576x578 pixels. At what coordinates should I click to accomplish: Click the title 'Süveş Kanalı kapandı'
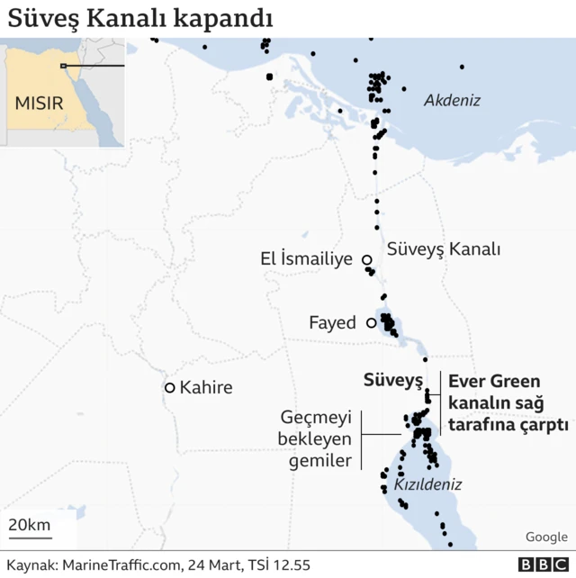pyautogui.click(x=141, y=18)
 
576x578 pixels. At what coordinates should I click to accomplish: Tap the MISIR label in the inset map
pyautogui.click(x=39, y=103)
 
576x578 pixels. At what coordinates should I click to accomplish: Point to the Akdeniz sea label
pyautogui.click(x=452, y=101)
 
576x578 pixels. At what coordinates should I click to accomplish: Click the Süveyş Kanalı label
pyautogui.click(x=443, y=249)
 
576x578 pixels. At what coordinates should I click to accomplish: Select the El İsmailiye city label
pyautogui.click(x=306, y=260)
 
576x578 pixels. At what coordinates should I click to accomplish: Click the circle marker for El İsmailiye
pyautogui.click(x=367, y=260)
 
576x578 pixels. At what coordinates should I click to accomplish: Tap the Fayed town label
pyautogui.click(x=332, y=322)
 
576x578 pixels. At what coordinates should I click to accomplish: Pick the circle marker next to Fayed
pyautogui.click(x=372, y=322)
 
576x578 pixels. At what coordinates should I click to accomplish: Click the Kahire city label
pyautogui.click(x=206, y=388)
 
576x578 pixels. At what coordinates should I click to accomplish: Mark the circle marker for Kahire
pyautogui.click(x=169, y=388)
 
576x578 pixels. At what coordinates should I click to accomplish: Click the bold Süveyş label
pyautogui.click(x=392, y=379)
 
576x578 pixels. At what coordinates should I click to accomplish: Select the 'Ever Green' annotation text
pyautogui.click(x=494, y=382)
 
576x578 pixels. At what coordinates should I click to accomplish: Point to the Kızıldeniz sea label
pyautogui.click(x=427, y=484)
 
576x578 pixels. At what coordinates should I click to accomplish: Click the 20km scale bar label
pyautogui.click(x=29, y=526)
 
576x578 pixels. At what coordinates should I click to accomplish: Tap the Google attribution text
pyautogui.click(x=546, y=537)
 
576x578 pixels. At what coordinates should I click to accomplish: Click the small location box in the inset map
pyautogui.click(x=63, y=66)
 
